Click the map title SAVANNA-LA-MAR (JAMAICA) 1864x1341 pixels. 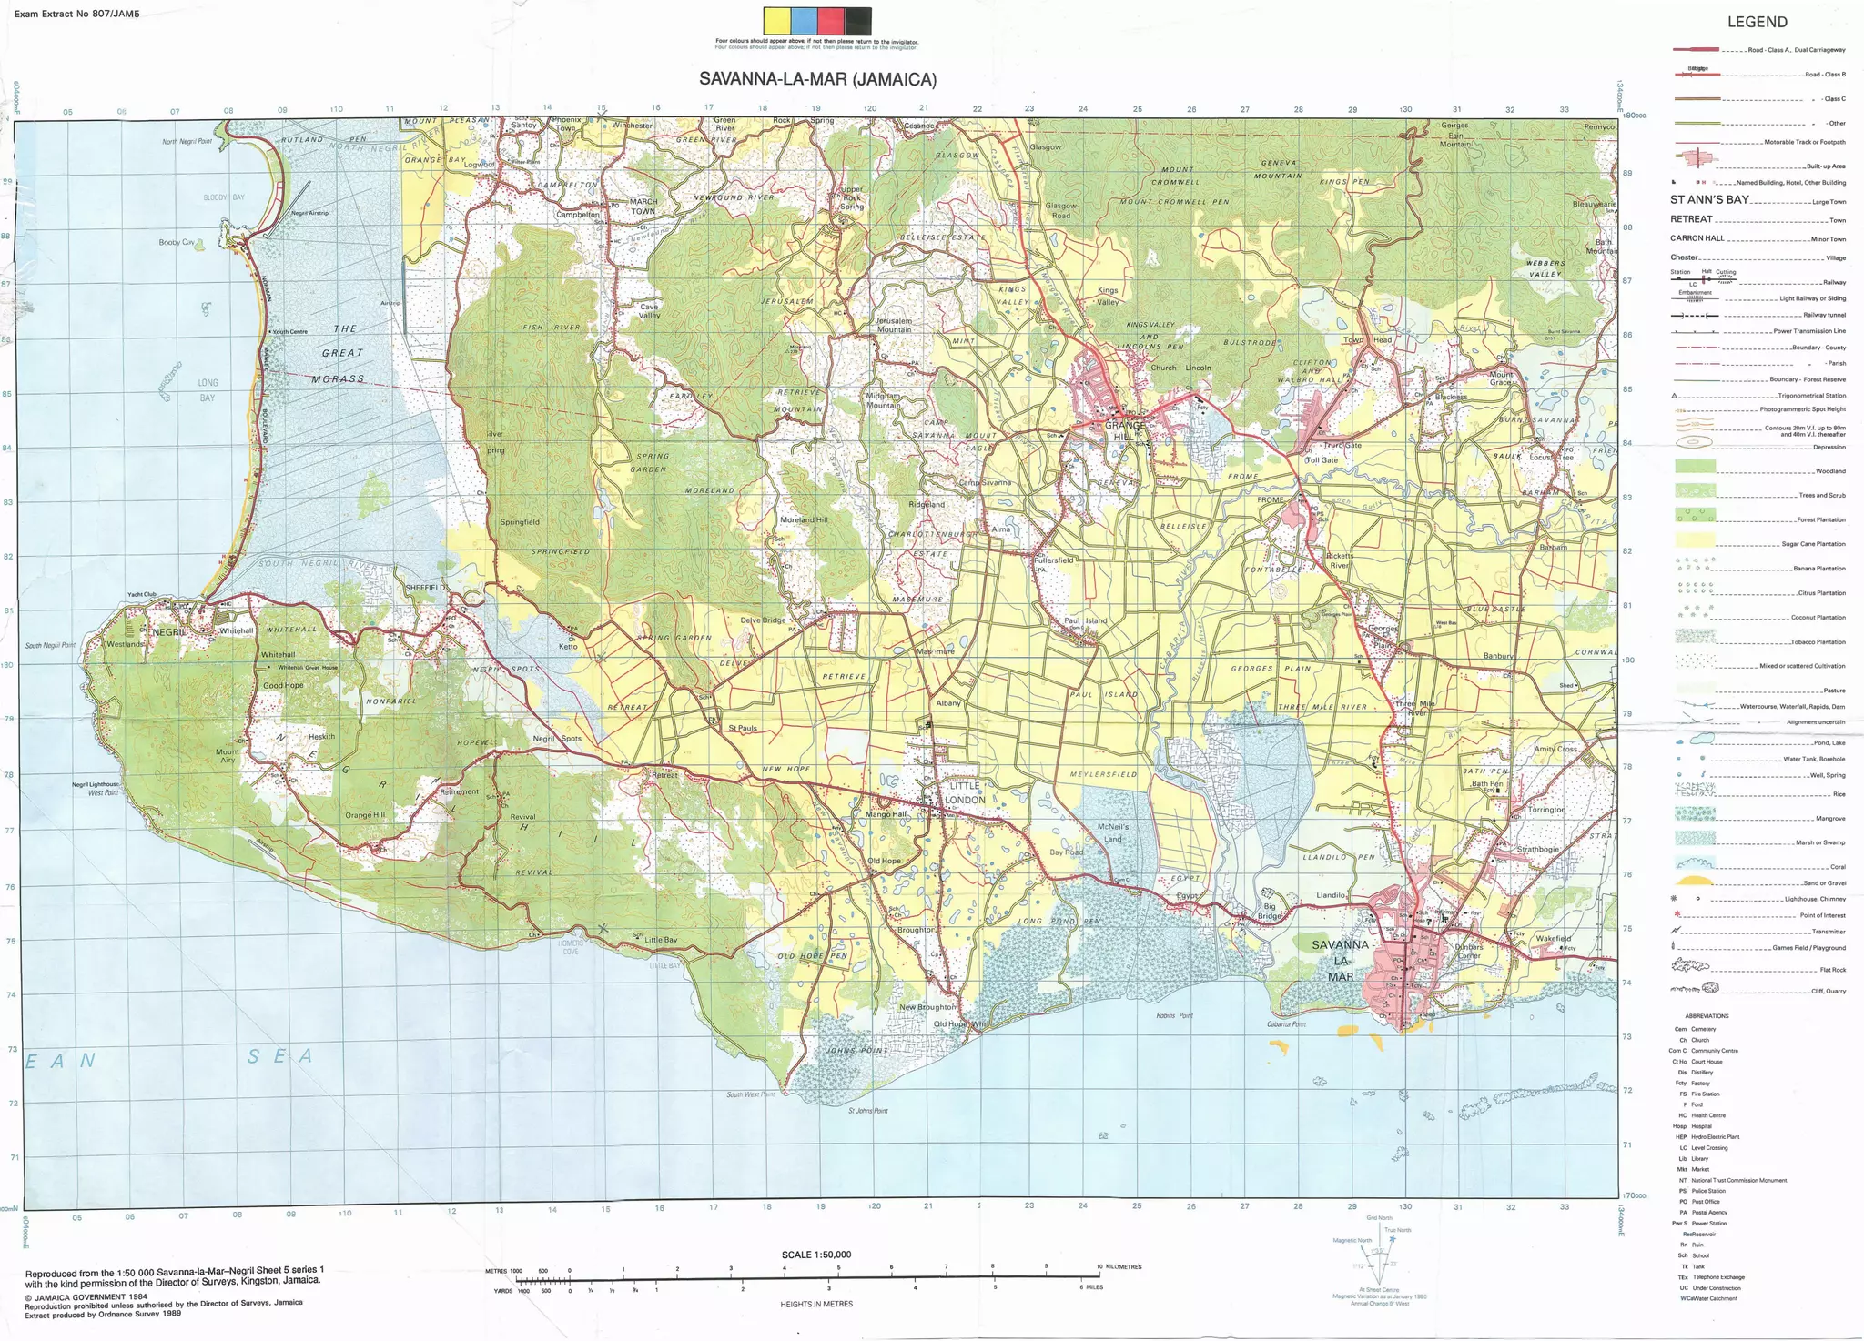(817, 79)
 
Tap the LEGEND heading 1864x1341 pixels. (1757, 22)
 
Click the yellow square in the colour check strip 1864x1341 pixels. (777, 21)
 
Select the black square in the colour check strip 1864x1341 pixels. (857, 21)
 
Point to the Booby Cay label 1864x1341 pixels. (177, 242)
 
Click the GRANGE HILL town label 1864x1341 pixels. (1124, 430)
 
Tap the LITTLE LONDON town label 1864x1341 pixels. (965, 792)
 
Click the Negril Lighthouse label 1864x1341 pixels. (96, 784)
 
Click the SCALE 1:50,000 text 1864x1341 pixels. (815, 1255)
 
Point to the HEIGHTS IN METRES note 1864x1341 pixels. (815, 1304)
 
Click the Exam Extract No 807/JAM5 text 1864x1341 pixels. (76, 15)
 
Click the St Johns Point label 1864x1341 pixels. (867, 1110)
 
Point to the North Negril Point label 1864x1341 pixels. (187, 142)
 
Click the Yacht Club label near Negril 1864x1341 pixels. (142, 594)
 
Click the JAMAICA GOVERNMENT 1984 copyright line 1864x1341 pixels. (86, 1296)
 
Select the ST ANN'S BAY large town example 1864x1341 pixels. (1709, 200)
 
